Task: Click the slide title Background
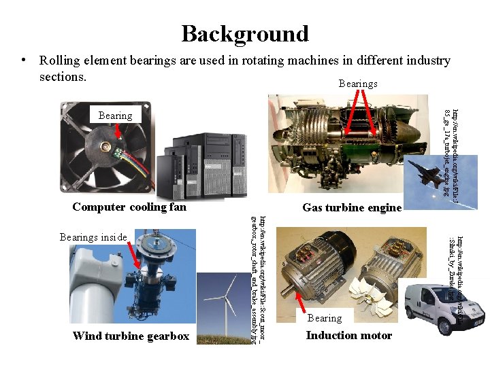(245, 33)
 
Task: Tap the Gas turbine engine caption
(352, 207)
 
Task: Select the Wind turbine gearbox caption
(131, 336)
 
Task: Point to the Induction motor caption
(348, 335)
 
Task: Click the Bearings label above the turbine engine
(358, 84)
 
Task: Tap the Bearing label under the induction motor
(325, 318)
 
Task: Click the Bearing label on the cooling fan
(115, 116)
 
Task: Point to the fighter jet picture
(433, 173)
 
